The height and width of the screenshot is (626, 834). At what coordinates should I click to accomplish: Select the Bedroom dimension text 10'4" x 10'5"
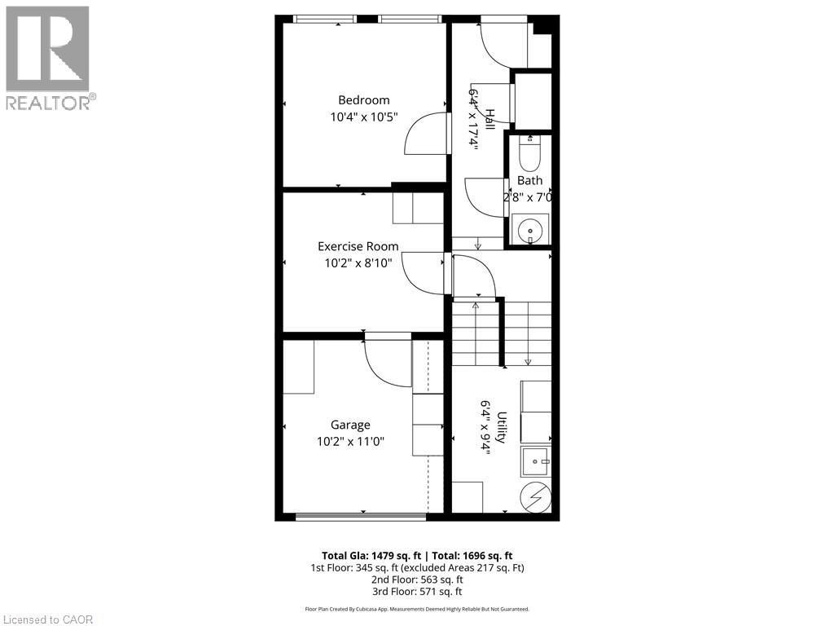pyautogui.click(x=363, y=117)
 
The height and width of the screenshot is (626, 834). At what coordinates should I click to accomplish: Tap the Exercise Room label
pyautogui.click(x=358, y=246)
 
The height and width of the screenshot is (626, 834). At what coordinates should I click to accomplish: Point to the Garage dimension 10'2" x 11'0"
pyautogui.click(x=350, y=441)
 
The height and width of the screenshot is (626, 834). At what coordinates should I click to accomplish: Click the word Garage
pyautogui.click(x=350, y=425)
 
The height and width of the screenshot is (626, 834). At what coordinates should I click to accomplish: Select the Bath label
pyautogui.click(x=529, y=180)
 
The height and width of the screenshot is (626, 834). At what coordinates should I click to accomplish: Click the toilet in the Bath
pyautogui.click(x=529, y=151)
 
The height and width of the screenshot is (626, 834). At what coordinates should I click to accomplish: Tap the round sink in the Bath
pyautogui.click(x=530, y=230)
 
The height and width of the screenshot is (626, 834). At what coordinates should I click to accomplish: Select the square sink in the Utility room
pyautogui.click(x=536, y=461)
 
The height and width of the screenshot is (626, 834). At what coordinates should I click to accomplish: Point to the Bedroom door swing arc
pyautogui.click(x=425, y=134)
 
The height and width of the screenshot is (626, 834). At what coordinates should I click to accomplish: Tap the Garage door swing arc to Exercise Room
pyautogui.click(x=388, y=364)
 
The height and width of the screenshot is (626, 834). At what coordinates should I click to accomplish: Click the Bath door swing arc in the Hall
pyautogui.click(x=484, y=197)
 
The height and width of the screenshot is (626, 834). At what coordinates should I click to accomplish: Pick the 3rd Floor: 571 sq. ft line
pyautogui.click(x=417, y=592)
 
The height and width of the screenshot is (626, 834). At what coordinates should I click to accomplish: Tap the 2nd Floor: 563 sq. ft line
pyautogui.click(x=417, y=580)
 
